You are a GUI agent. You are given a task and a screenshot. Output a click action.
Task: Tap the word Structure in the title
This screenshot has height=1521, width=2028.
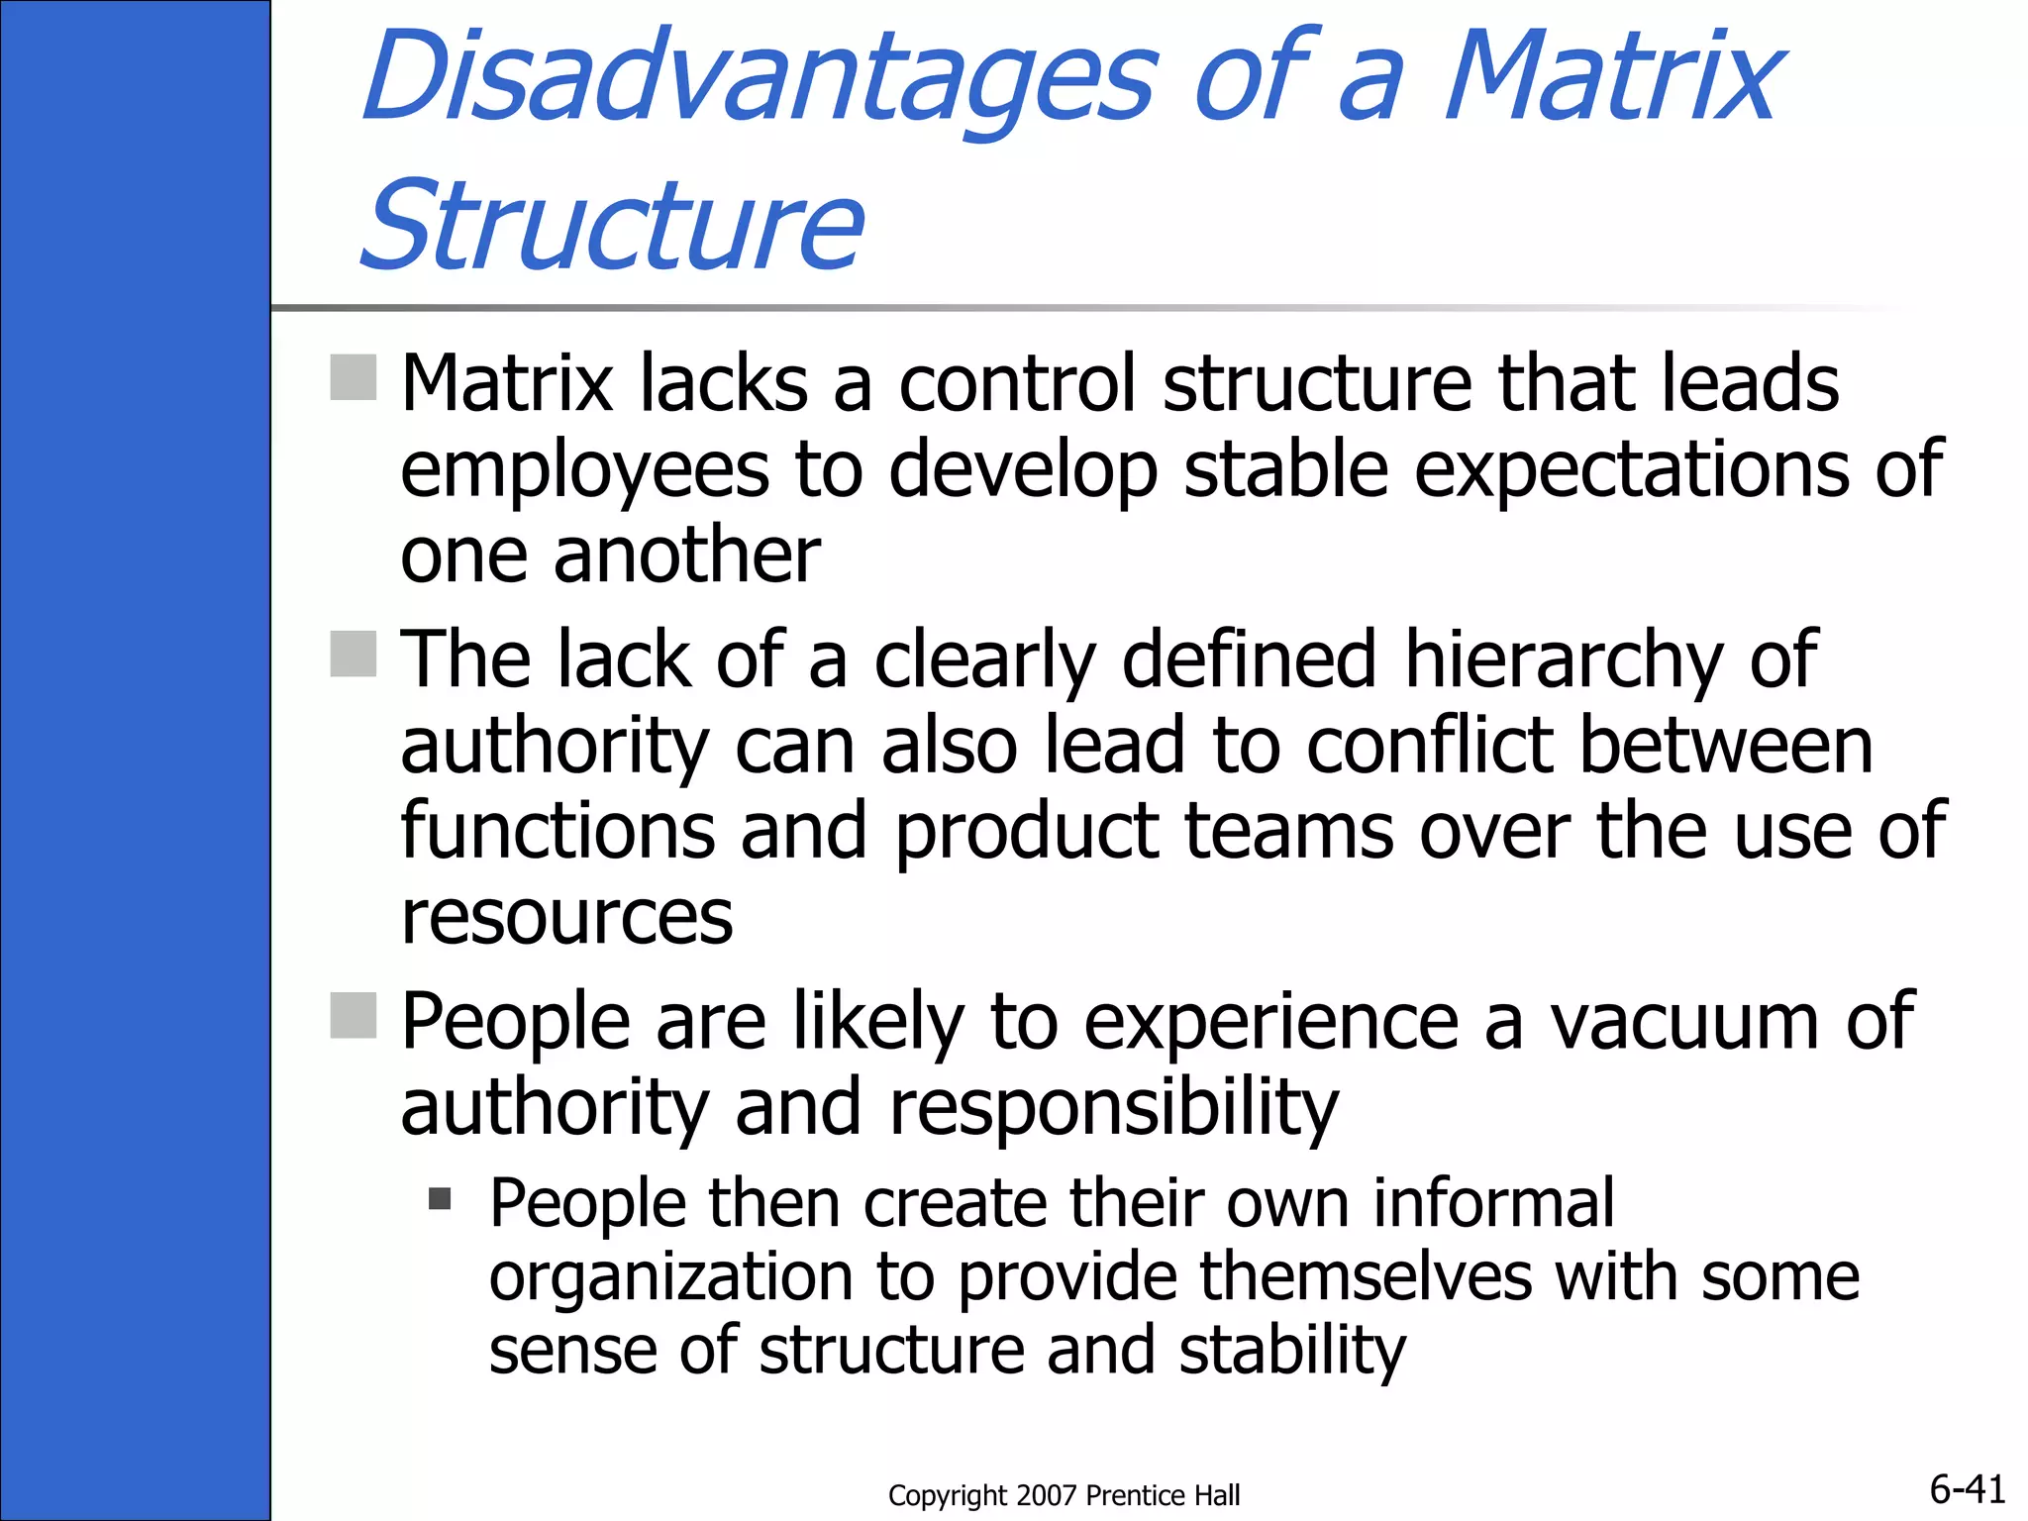coord(612,225)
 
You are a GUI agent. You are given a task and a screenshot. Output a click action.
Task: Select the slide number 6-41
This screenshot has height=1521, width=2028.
coord(1968,1488)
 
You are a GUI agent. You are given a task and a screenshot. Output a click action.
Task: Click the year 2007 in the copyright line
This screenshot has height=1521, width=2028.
coord(1048,1495)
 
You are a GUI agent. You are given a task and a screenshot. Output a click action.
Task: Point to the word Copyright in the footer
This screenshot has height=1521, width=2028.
coord(947,1495)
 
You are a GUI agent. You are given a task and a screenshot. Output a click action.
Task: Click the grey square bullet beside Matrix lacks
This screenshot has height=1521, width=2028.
coord(353,377)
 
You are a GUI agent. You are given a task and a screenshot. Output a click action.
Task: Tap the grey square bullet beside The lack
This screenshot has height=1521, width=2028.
coord(353,654)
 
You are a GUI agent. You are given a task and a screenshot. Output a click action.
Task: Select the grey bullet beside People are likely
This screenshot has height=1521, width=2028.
coord(353,1015)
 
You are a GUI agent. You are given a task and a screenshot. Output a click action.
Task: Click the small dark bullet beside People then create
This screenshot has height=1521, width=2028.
coord(440,1199)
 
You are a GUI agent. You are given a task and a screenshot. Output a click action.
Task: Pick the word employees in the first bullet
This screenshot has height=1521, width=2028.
coord(584,469)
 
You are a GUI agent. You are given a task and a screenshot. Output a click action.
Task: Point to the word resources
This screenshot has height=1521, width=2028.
coord(566,917)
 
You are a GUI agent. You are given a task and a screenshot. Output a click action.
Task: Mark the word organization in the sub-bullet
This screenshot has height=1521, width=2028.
coord(670,1277)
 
